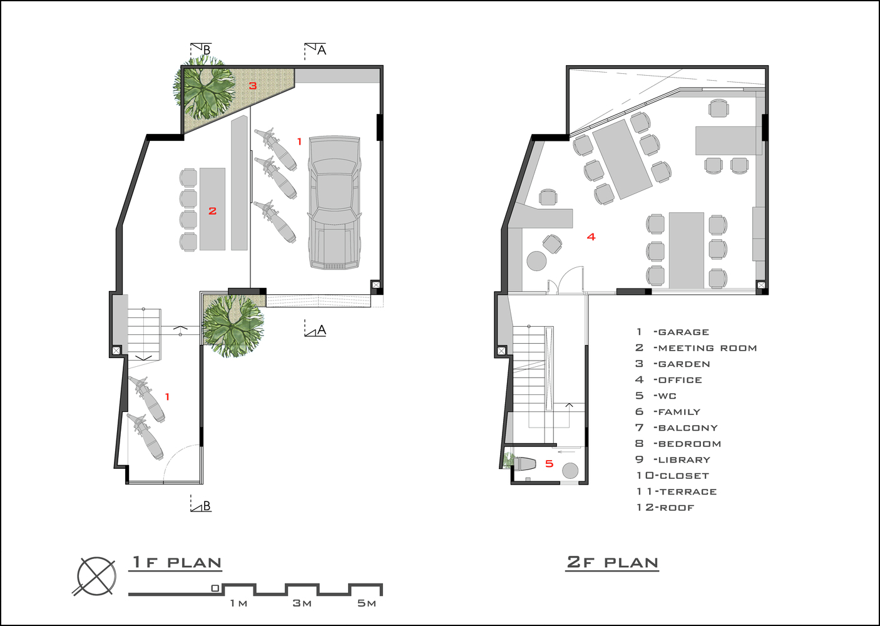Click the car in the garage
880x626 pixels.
[334, 202]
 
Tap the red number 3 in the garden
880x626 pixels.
[253, 85]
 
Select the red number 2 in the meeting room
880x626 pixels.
[212, 211]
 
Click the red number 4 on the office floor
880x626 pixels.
[591, 237]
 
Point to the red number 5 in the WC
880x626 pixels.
[549, 464]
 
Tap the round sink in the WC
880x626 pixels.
[570, 470]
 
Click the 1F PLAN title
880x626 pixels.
[176, 562]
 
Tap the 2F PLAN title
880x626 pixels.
[612, 562]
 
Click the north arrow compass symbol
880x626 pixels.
[96, 577]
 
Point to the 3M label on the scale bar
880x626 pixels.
[302, 603]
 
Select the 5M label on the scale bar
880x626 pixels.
[367, 603]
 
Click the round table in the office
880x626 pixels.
[536, 261]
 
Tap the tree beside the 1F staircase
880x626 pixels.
[233, 326]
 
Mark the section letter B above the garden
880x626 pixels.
[207, 50]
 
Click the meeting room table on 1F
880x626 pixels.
[212, 209]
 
